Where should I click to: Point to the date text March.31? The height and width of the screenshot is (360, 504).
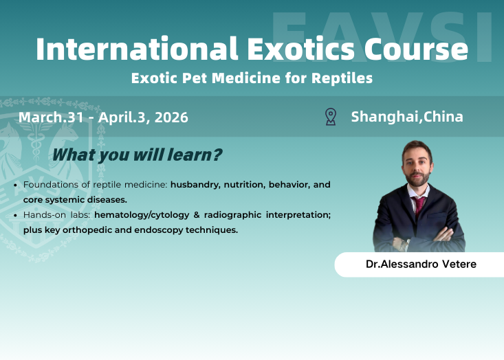pyautogui.click(x=51, y=117)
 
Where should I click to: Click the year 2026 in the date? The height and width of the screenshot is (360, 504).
pyautogui.click(x=171, y=117)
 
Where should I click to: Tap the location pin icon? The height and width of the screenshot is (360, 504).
pyautogui.click(x=330, y=117)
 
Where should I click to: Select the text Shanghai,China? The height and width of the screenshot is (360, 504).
pyautogui.click(x=407, y=117)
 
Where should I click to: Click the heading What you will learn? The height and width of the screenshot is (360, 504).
pyautogui.click(x=137, y=155)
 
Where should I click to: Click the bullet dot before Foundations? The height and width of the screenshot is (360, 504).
pyautogui.click(x=16, y=185)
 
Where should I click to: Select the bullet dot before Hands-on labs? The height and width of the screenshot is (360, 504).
pyautogui.click(x=16, y=215)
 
